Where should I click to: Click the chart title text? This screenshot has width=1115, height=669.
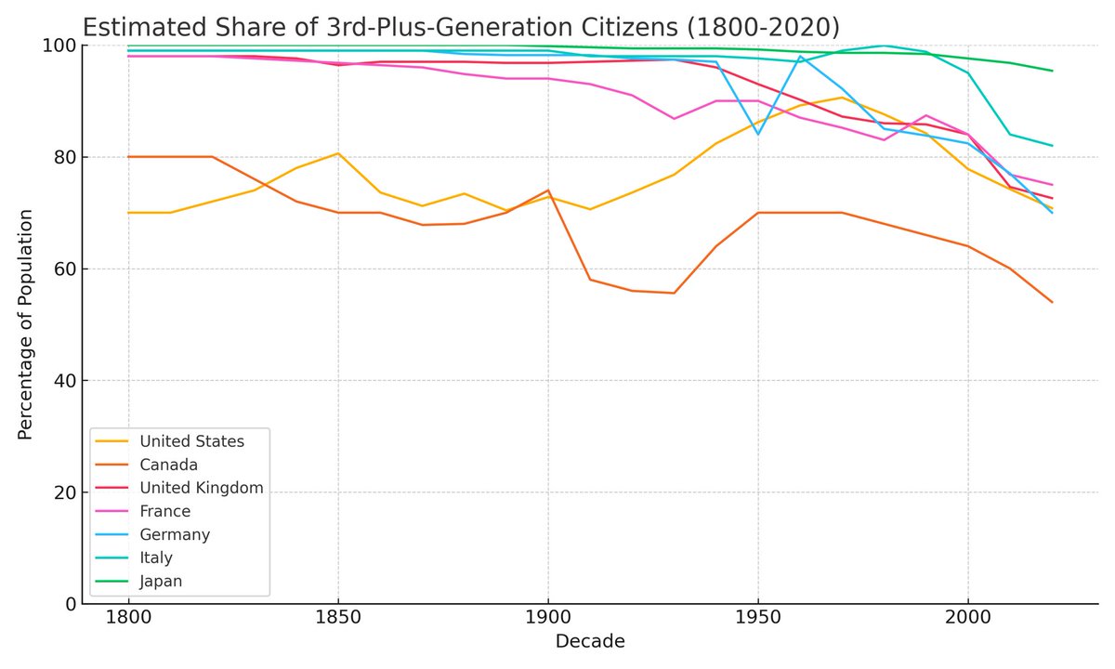tap(460, 24)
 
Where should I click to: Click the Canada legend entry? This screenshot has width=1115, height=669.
tap(168, 464)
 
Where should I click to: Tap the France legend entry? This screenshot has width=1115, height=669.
tap(164, 511)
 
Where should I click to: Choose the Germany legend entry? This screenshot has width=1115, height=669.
tap(175, 534)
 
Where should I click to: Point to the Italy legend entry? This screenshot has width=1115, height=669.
tap(156, 557)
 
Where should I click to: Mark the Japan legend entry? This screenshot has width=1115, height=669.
tap(161, 581)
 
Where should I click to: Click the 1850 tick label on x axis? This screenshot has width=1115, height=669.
tap(337, 616)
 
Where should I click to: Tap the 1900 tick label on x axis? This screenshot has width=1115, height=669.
tap(547, 616)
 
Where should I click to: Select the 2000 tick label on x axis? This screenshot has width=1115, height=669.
tap(968, 616)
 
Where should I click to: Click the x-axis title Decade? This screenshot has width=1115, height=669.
tap(589, 641)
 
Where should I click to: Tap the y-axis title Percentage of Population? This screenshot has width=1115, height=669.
tap(26, 324)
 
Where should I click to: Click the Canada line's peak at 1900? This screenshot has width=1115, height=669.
tap(548, 190)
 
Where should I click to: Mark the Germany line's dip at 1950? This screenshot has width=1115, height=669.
tap(758, 134)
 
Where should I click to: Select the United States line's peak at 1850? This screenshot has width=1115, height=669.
tap(337, 153)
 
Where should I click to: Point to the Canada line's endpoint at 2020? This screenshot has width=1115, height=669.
tap(1052, 302)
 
